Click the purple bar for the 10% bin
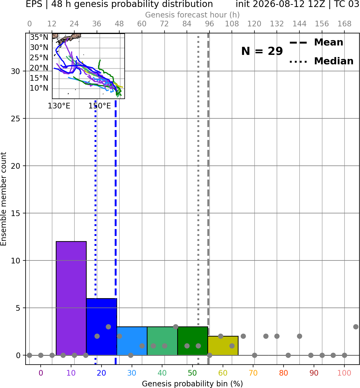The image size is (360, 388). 71,298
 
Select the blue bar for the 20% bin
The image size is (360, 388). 102,327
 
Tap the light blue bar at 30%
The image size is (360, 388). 132,341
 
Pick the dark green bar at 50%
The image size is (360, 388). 193,341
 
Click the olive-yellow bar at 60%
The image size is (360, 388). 223,345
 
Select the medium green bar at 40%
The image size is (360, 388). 162,341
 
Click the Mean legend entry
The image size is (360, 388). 316,43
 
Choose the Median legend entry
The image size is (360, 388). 321,61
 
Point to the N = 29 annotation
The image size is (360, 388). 262,51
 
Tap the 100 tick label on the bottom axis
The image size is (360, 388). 344,373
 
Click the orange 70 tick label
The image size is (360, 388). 253,373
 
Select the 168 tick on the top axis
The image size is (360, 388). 344,24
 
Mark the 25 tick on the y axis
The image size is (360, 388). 15,119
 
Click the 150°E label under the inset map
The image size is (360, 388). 100,106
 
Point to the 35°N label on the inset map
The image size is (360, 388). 39,37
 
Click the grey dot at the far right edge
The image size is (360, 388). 356,327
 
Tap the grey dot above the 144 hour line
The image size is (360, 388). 299,336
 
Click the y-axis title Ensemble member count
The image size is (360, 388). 3,199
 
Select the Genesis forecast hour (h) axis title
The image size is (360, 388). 193,15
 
